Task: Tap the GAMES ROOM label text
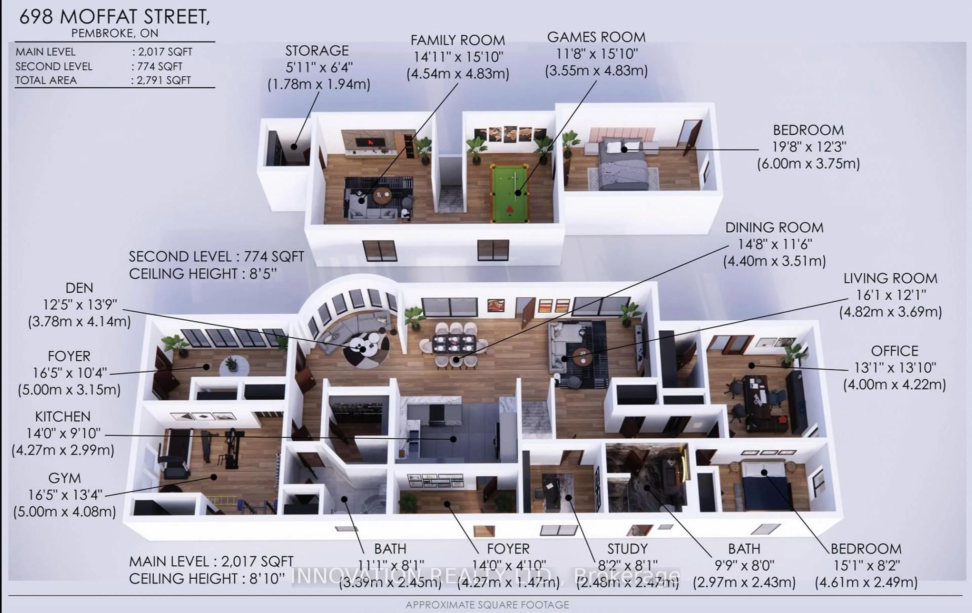(x=596, y=37)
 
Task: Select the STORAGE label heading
(x=317, y=51)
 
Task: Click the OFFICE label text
(x=895, y=351)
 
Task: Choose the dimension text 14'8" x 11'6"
(x=775, y=244)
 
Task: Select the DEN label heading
(x=79, y=288)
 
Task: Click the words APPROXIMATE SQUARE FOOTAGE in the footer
(x=487, y=605)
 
